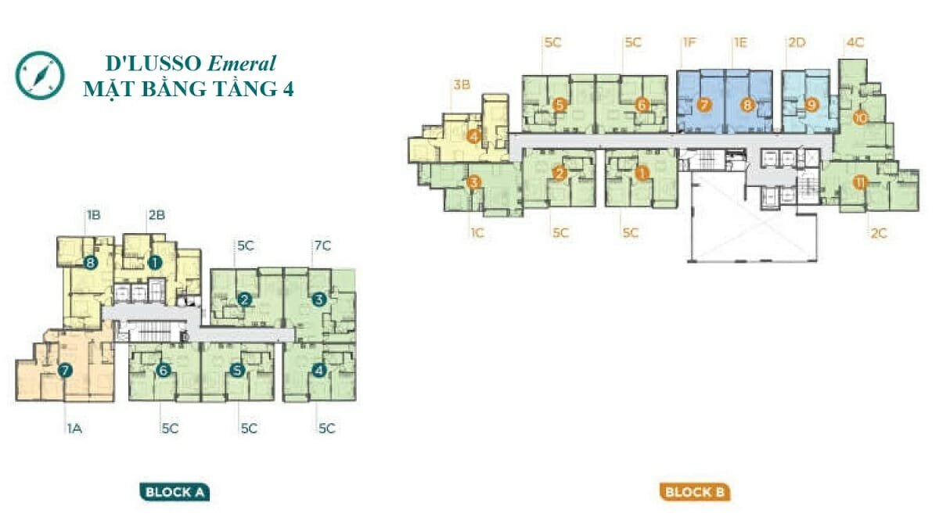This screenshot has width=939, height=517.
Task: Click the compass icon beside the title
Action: coord(40,75)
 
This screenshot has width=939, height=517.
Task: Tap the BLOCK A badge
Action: coord(174,492)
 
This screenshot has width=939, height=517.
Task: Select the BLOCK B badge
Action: coord(695,492)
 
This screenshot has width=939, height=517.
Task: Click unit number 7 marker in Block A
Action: coord(65,371)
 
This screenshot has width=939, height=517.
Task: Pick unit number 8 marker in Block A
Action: coord(91,263)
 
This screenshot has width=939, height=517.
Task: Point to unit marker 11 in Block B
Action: coord(860,183)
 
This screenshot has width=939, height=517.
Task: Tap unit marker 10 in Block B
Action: coord(860,119)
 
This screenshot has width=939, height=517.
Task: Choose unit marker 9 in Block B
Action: coord(812,104)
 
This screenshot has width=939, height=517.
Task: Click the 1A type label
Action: coord(74,428)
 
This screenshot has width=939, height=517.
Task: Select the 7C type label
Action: coord(322,246)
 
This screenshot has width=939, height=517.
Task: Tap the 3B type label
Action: coord(462,85)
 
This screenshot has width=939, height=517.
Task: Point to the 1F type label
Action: coord(689,43)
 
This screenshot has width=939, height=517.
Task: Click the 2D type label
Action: coord(797,43)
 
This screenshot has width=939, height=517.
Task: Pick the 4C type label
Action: coord(855,43)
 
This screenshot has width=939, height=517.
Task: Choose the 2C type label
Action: coord(879,233)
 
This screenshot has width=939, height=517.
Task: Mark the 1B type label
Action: coord(93,215)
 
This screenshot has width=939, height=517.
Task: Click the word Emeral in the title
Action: coord(242,63)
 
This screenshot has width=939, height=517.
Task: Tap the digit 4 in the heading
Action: coord(288,89)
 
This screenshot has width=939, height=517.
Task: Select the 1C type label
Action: coord(477,233)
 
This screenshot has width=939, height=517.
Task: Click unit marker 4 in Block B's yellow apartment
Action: coord(474,136)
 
